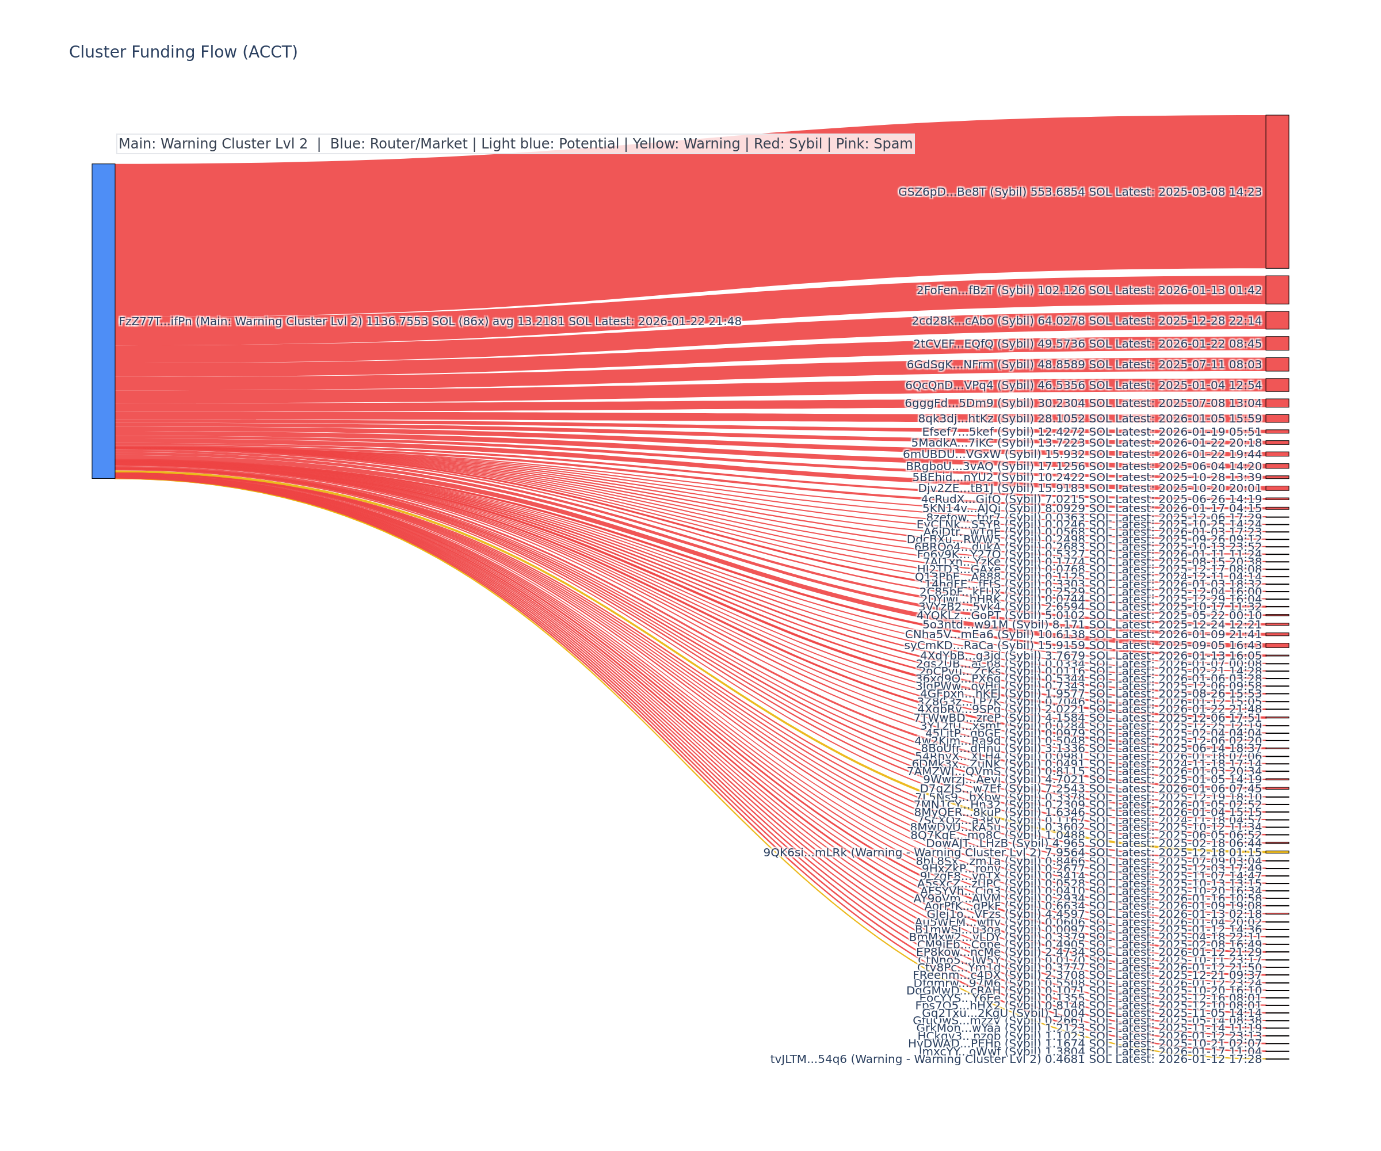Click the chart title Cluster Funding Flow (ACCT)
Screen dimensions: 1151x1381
183,52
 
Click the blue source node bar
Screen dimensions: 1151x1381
103,321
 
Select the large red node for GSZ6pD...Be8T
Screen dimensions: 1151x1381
1277,192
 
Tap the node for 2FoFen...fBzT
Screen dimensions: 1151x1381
1277,290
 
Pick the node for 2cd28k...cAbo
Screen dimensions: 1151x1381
1277,321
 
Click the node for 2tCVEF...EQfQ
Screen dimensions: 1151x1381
1277,344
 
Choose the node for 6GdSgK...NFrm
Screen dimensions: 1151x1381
1277,364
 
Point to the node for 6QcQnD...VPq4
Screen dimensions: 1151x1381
1277,385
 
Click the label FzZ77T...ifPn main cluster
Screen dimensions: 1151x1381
429,321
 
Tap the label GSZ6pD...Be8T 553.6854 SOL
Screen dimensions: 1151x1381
1080,192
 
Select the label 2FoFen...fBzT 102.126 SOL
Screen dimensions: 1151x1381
1089,290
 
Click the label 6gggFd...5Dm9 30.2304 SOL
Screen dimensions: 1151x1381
1083,403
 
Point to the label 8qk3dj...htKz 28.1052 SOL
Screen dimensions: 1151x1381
1090,418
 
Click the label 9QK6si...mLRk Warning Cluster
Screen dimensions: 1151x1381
1012,852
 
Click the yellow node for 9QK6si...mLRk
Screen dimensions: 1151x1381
1277,852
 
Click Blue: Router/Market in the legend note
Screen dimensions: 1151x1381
399,143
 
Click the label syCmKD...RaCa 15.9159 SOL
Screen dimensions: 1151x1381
1083,645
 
